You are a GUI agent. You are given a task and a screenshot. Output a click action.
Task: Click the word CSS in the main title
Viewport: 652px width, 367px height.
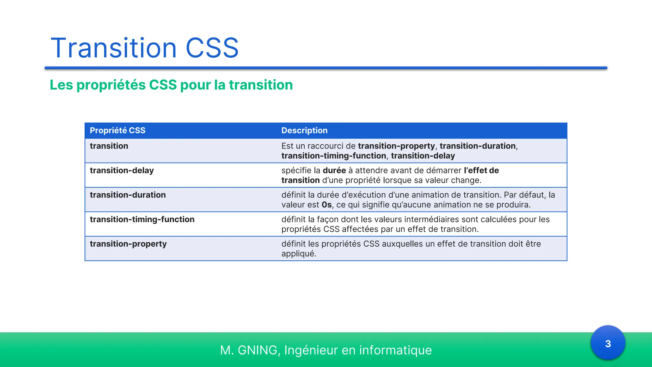(212, 48)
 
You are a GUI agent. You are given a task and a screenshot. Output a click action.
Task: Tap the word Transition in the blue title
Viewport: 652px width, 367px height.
(114, 48)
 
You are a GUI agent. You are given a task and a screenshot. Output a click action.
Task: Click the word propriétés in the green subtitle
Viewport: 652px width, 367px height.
(110, 85)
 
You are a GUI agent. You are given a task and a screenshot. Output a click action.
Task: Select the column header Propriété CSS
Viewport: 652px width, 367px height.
(117, 130)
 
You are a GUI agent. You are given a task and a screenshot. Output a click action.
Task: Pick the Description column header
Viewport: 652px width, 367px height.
(304, 130)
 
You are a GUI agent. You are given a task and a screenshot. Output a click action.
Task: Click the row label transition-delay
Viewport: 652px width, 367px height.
(122, 170)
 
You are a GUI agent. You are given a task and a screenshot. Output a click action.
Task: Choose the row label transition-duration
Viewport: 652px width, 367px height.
(128, 195)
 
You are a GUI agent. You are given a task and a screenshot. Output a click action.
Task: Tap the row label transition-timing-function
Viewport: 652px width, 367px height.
(142, 219)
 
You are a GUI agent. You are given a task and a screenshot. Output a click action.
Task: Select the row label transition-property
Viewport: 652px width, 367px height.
(128, 244)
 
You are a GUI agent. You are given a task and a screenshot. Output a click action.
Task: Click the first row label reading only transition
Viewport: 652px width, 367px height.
(109, 146)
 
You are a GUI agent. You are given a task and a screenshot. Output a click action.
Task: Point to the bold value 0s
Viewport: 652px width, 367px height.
(327, 205)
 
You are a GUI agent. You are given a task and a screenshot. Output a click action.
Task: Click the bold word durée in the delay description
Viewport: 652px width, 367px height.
(334, 170)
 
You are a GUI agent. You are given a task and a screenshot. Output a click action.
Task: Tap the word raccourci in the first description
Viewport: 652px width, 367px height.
(325, 146)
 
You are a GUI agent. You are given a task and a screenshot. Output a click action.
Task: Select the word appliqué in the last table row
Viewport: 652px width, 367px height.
(298, 254)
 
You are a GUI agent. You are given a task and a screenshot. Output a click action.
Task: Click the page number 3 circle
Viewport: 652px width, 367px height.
(608, 343)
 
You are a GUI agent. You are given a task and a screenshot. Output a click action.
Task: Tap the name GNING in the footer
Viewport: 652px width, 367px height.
(258, 350)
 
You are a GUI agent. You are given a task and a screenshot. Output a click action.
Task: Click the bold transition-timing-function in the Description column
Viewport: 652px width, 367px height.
(333, 156)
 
